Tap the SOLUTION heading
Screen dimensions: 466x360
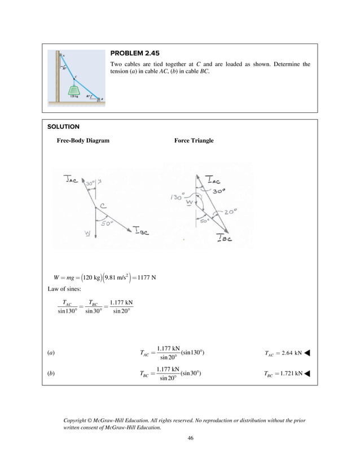[x=63, y=127]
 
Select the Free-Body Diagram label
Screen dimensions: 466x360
[x=83, y=140]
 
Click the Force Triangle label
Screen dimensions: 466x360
[x=194, y=140]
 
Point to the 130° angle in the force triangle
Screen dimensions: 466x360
[x=177, y=198]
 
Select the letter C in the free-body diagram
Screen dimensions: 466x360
[x=103, y=205]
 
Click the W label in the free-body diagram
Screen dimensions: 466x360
[x=88, y=235]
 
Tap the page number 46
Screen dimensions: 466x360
[x=190, y=438]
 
